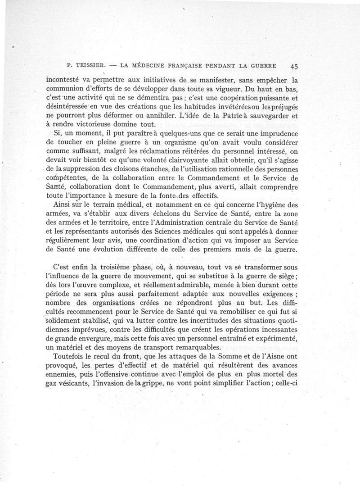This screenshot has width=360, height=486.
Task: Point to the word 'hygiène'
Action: [x=273, y=204]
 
